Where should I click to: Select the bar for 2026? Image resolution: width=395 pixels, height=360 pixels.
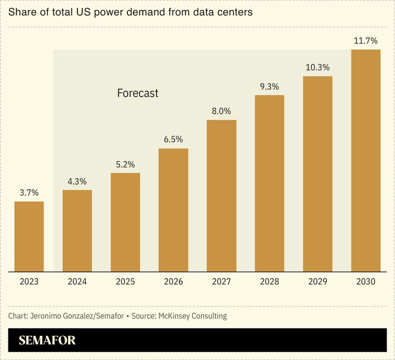(x=173, y=209)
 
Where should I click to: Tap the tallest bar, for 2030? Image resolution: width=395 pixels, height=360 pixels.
(x=366, y=160)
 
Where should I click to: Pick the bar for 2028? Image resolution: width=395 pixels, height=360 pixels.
(x=270, y=183)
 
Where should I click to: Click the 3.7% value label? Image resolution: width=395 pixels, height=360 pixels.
(x=29, y=193)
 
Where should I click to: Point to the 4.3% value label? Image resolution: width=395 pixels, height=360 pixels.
(x=77, y=181)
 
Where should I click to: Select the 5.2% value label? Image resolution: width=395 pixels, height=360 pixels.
(x=125, y=164)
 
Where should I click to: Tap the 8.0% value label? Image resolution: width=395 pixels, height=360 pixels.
(x=221, y=111)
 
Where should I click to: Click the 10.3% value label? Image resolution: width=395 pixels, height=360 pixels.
(x=317, y=67)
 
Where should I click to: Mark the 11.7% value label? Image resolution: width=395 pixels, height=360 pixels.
(x=366, y=40)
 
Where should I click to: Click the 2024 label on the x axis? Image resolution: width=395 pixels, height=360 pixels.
(x=77, y=282)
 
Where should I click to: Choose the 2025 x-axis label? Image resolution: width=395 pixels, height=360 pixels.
(x=125, y=282)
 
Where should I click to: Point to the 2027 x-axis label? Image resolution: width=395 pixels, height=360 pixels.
(x=221, y=282)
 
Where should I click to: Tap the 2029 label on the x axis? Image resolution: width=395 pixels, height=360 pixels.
(x=317, y=282)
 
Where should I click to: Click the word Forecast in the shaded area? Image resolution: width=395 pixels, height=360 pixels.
(x=138, y=93)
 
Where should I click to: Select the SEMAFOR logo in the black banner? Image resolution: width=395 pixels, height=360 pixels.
(x=47, y=340)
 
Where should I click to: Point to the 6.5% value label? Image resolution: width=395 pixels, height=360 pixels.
(x=173, y=139)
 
